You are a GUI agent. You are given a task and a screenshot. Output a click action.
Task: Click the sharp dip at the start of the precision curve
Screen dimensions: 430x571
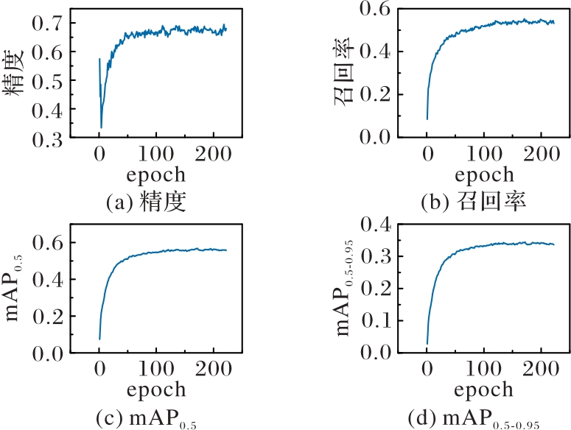click(x=101, y=127)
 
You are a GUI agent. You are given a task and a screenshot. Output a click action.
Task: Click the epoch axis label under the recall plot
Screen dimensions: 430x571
click(x=483, y=175)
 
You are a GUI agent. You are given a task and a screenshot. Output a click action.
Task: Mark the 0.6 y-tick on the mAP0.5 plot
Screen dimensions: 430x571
click(x=45, y=243)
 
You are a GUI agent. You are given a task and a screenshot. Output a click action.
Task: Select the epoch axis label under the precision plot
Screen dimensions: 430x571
click(x=155, y=175)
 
